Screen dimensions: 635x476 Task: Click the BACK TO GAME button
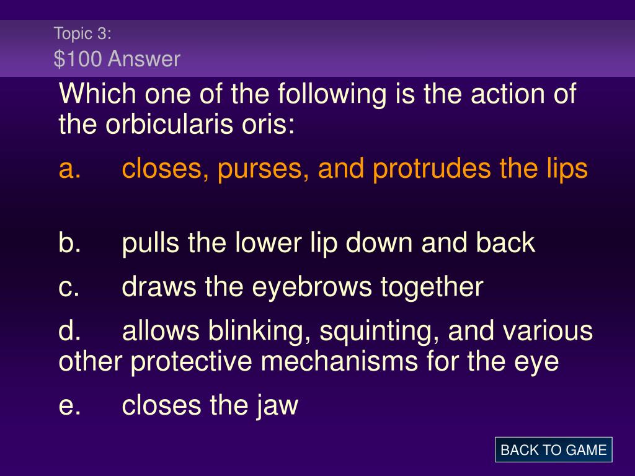click(553, 450)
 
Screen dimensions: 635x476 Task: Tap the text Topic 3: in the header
click(82, 33)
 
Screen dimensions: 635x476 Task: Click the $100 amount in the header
click(78, 59)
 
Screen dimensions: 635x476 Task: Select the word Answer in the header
click(144, 59)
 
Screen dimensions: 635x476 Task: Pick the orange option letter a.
click(69, 169)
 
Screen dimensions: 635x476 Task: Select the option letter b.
click(69, 242)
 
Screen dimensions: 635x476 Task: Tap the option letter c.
click(69, 288)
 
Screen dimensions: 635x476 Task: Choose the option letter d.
click(69, 330)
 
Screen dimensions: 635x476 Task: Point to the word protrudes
click(432, 169)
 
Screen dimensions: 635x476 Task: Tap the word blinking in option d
click(260, 331)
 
